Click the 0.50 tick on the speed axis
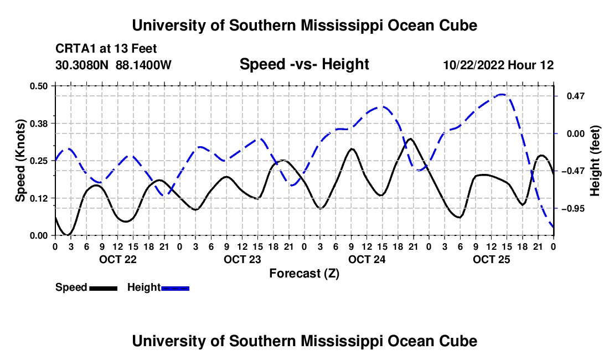pyautogui.click(x=38, y=86)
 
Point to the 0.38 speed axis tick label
pyautogui.click(x=38, y=124)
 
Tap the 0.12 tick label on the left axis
pyautogui.click(x=38, y=198)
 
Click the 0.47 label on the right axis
pyautogui.click(x=576, y=96)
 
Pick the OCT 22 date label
pyautogui.click(x=118, y=259)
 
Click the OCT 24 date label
pyautogui.click(x=367, y=259)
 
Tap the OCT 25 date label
pyautogui.click(x=491, y=259)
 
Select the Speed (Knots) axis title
pyautogui.click(x=20, y=161)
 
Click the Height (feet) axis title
pyautogui.click(x=595, y=161)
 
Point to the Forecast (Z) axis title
pyautogui.click(x=304, y=274)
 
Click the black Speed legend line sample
pyautogui.click(x=104, y=289)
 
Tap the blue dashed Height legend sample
pyautogui.click(x=175, y=289)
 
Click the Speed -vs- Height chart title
pyautogui.click(x=304, y=64)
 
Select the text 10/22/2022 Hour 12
pyautogui.click(x=499, y=65)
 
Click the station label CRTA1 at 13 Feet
pyautogui.click(x=106, y=49)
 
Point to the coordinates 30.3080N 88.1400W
pyautogui.click(x=113, y=65)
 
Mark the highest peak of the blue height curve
pyautogui.click(x=502, y=94)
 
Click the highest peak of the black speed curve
pyautogui.click(x=410, y=138)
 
